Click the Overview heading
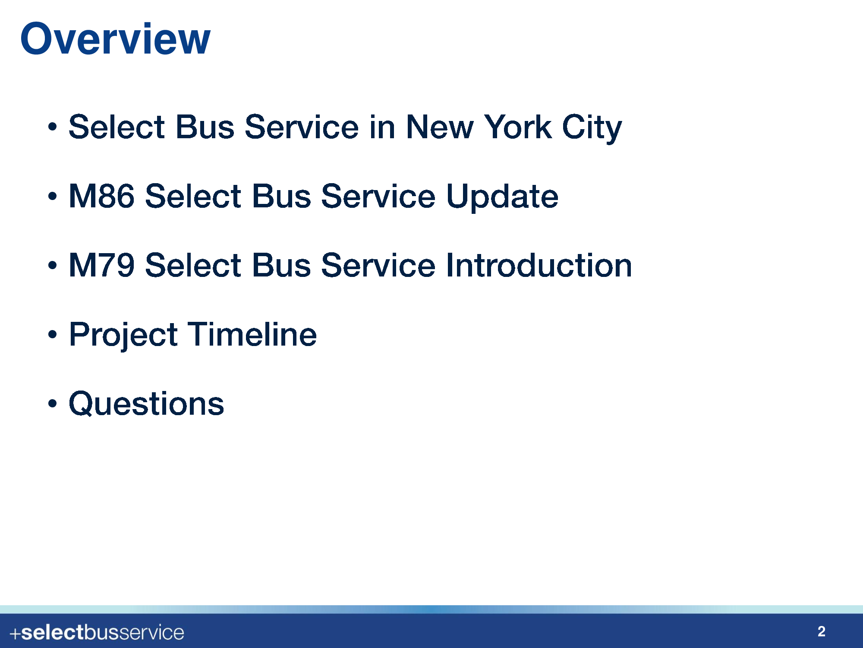coord(115,39)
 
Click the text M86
coord(101,196)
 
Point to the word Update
coord(502,197)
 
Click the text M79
coord(101,265)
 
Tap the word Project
coord(123,335)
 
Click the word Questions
coord(146,403)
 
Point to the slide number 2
coord(822,632)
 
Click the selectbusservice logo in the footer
coord(97,633)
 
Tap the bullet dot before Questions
coord(52,403)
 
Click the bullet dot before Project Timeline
coord(52,334)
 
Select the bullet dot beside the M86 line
coord(52,196)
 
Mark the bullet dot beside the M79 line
coord(52,265)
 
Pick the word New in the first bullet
coord(440,127)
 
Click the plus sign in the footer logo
coord(15,634)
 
